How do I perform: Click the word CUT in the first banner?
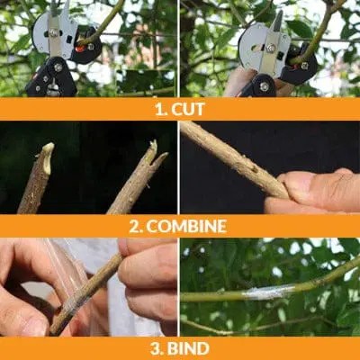point(188,109)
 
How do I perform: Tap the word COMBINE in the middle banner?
point(186,226)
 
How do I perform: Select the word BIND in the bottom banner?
point(188,348)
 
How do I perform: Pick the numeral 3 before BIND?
point(156,348)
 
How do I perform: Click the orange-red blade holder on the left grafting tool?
point(79,49)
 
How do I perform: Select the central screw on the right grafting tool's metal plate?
point(272,48)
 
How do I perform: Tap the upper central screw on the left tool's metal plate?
point(54,32)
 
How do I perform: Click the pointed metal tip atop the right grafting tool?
point(278,21)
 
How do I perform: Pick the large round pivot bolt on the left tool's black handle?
point(57,67)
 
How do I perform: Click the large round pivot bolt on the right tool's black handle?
point(265,86)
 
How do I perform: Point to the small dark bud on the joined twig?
point(254,170)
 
